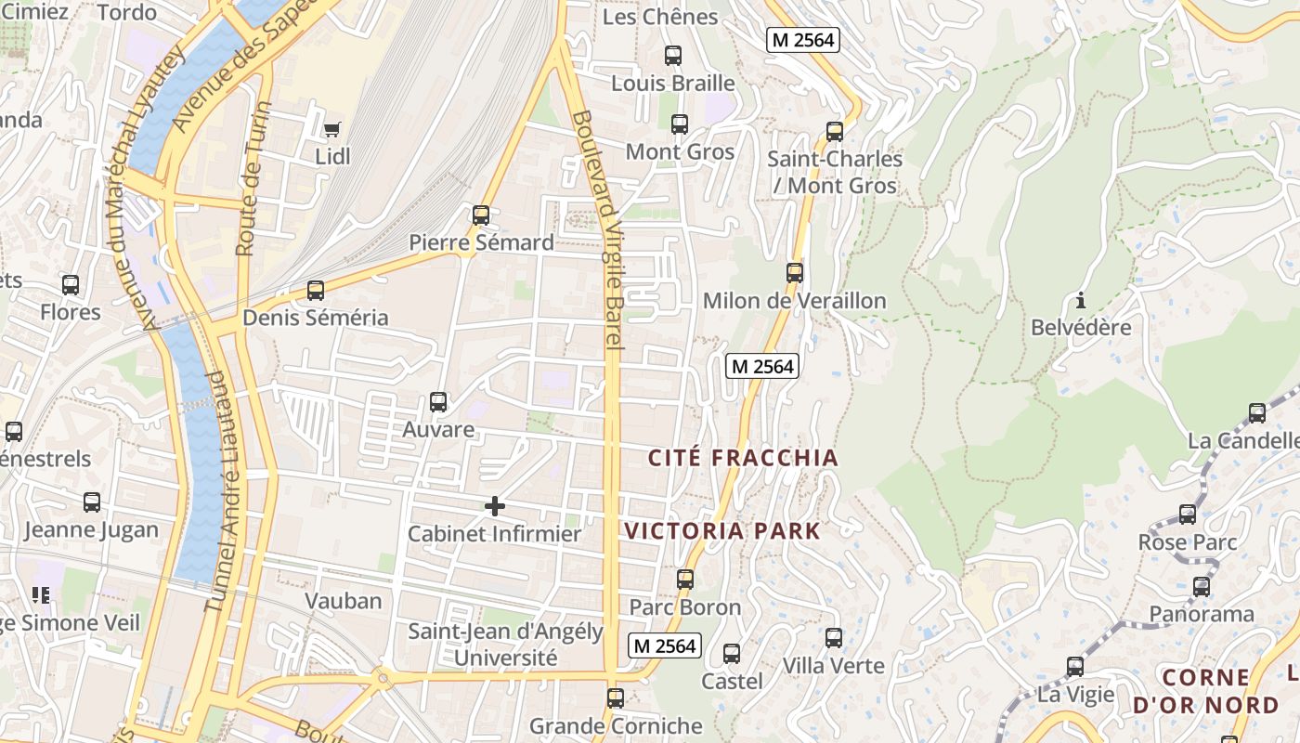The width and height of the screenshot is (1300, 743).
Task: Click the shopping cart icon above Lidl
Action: [332, 129]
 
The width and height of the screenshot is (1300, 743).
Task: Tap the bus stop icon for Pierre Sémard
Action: [481, 215]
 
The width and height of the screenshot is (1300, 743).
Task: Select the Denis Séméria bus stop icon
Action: [316, 291]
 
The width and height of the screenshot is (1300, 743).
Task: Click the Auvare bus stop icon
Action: [438, 402]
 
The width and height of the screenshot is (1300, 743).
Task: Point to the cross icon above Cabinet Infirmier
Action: [495, 506]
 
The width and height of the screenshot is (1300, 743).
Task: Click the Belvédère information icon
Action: [1080, 301]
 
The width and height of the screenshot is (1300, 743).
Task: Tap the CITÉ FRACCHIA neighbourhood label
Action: [743, 458]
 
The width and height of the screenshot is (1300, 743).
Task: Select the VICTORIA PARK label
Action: [722, 531]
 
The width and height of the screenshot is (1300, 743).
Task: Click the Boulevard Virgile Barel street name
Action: [597, 230]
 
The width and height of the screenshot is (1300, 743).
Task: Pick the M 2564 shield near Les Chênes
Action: [802, 40]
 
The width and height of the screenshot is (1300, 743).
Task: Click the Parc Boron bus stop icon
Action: [685, 580]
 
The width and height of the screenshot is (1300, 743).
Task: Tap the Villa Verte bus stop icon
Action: [834, 638]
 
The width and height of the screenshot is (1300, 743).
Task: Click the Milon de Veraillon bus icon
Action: [795, 273]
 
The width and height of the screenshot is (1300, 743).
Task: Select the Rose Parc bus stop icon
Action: [1188, 515]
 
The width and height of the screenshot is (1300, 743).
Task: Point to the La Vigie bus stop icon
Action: [1075, 667]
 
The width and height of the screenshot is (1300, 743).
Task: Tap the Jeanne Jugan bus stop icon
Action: [92, 502]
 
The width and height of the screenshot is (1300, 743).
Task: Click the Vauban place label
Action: [344, 601]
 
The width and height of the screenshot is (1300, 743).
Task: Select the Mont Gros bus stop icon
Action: [680, 124]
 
